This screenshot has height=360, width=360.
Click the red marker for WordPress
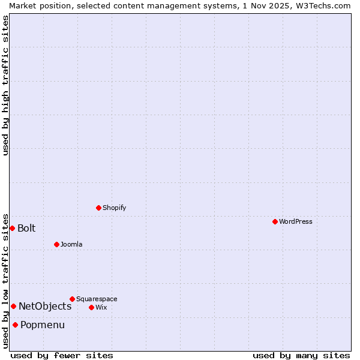point(275,221)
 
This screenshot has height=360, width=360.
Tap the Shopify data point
point(98,208)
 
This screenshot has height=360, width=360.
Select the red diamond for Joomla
point(56,244)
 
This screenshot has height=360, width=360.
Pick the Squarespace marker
point(72,299)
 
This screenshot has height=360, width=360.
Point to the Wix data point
point(91,307)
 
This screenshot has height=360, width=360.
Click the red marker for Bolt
point(12,228)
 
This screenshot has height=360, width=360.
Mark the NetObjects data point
point(13,306)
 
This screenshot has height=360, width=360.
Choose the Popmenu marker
point(15,325)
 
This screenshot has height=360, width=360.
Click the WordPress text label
point(296,221)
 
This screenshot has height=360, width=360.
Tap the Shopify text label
point(114,208)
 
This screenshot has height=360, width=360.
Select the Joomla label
point(71,244)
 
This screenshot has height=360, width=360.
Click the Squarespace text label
point(97,299)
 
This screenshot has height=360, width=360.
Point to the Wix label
point(101,307)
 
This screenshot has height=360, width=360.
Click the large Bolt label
point(26,228)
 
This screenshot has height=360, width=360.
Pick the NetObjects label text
point(45,306)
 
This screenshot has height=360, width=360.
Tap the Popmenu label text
point(43,325)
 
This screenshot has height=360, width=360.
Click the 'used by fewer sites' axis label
point(62,355)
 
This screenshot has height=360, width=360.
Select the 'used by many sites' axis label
point(301,355)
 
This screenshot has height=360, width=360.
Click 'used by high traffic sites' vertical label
point(5,85)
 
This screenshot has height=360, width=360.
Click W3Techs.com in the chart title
point(321,5)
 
